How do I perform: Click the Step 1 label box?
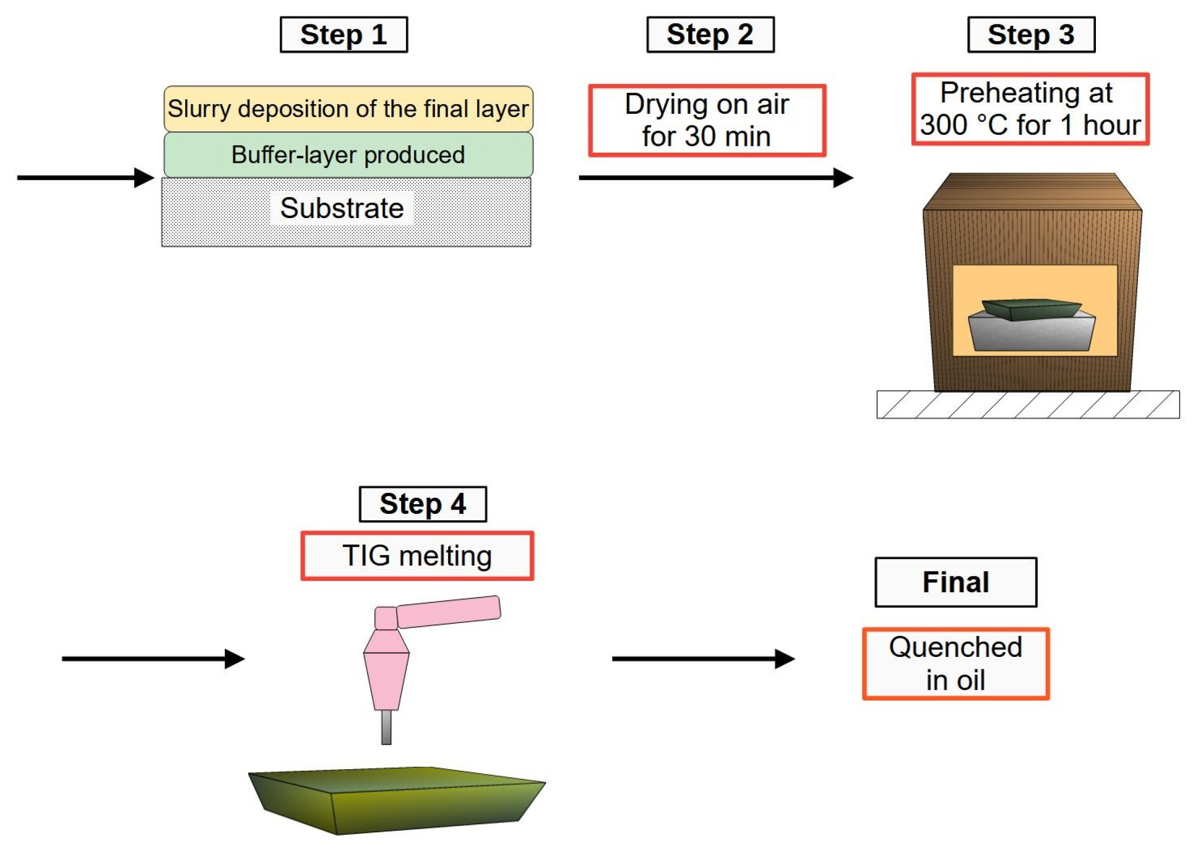343,35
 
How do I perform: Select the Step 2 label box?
710,35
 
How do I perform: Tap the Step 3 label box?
1031,35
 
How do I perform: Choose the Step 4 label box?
423,504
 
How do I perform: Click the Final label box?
956,582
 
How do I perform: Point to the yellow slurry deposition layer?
348,108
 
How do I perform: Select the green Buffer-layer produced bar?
348,155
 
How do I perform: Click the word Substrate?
342,208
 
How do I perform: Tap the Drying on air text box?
707,120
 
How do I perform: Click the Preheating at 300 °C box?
1030,109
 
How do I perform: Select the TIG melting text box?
417,555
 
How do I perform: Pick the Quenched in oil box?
956,663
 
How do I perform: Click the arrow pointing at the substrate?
86,178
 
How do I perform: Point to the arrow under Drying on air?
716,178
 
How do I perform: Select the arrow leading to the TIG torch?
153,659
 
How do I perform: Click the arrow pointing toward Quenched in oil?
703,659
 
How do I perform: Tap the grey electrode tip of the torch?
386,727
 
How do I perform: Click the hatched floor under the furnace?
1028,404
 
